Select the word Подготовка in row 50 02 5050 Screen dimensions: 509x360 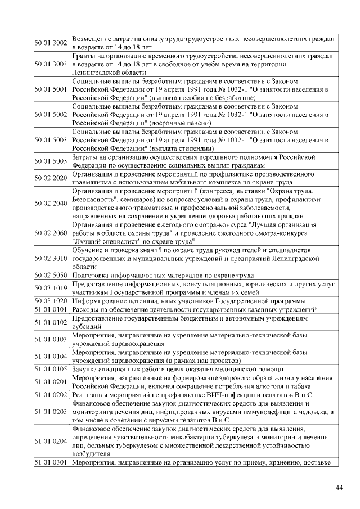[x=92, y=275]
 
